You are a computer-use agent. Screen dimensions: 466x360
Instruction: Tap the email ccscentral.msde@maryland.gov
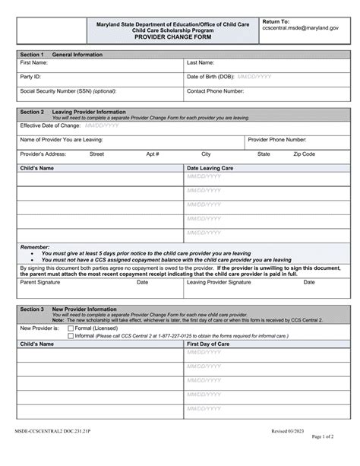pyautogui.click(x=302, y=30)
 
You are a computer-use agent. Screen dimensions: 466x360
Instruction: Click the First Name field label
pyautogui.click(x=34, y=62)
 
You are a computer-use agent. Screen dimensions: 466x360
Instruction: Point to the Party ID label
pyautogui.click(x=30, y=77)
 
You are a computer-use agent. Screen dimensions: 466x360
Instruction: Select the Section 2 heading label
pyautogui.click(x=32, y=111)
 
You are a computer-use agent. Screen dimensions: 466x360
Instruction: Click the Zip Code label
pyautogui.click(x=304, y=154)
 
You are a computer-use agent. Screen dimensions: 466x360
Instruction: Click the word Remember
pyautogui.click(x=35, y=247)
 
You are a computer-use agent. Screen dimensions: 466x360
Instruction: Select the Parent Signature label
pyautogui.click(x=39, y=281)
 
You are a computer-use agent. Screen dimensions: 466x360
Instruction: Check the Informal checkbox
pyautogui.click(x=71, y=335)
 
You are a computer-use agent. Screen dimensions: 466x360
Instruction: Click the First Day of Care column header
pyautogui.click(x=209, y=344)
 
